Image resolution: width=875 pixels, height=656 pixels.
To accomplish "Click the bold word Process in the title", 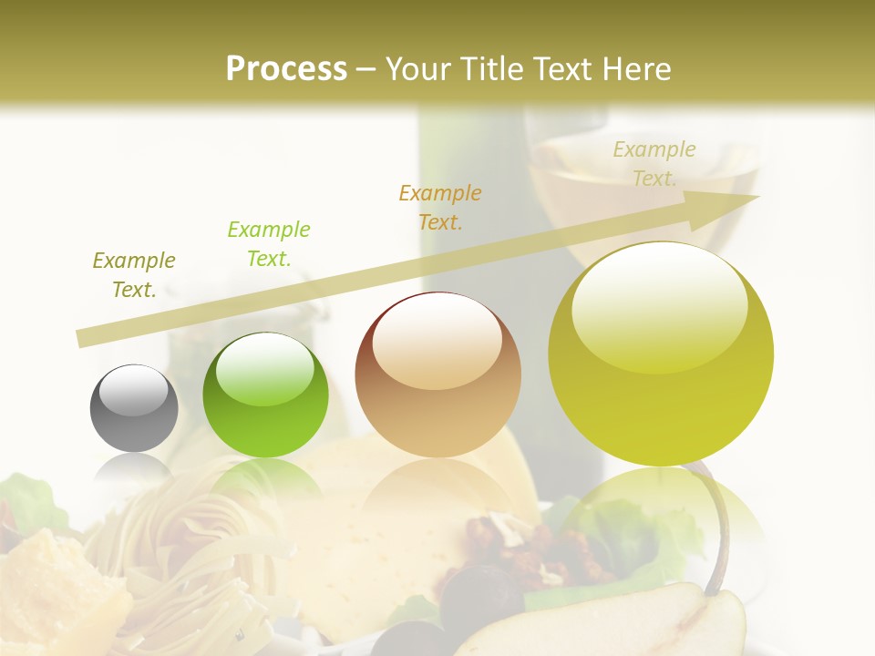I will click(286, 68).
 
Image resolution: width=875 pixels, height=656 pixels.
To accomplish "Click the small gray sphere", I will click(134, 408).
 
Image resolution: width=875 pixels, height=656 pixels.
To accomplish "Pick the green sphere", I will click(265, 395).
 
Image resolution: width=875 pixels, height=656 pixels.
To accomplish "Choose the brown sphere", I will click(437, 374).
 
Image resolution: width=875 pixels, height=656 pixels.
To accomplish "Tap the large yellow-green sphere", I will click(661, 354).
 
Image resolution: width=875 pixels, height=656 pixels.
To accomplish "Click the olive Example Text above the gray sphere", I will click(134, 275).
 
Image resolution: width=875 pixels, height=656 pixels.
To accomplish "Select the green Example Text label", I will click(269, 244).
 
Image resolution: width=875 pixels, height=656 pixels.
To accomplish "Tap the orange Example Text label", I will click(440, 208).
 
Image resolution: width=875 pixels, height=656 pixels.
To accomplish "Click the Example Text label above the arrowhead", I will click(654, 164).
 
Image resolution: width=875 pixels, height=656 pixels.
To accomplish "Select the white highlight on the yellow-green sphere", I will click(660, 305).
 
